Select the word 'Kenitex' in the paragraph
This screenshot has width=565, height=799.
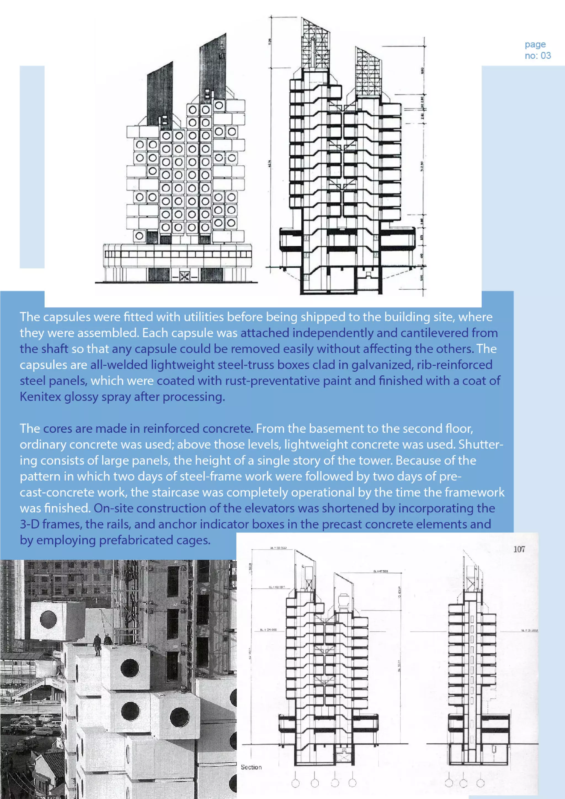tap(40, 397)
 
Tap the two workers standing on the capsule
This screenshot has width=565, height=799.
tap(102, 644)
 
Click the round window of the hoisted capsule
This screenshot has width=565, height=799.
tap(48, 619)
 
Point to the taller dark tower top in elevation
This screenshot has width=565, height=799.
tap(213, 66)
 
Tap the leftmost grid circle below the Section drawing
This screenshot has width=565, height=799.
tap(295, 783)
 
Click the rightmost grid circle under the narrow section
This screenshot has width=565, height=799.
tap(481, 783)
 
